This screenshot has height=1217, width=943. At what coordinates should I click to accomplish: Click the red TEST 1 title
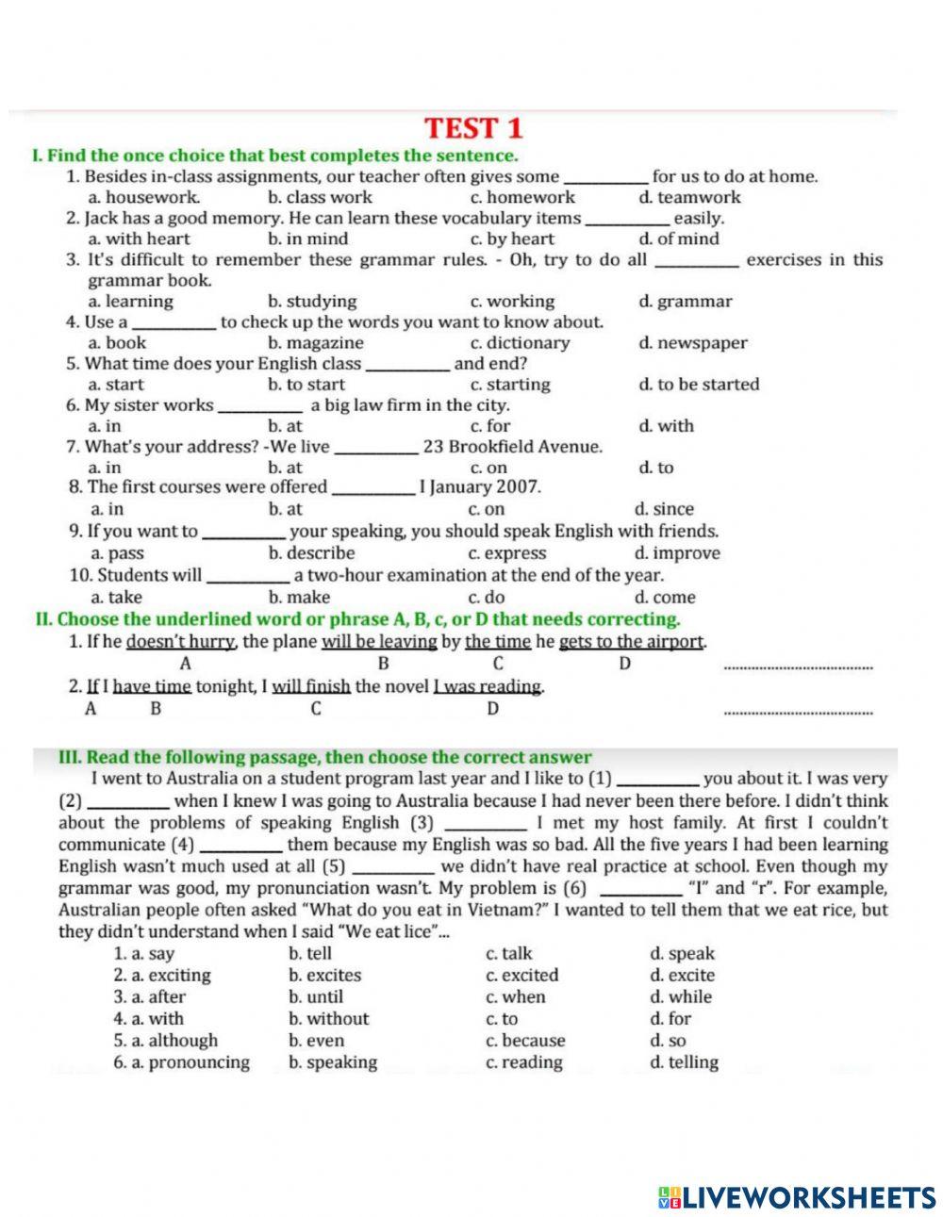point(472,128)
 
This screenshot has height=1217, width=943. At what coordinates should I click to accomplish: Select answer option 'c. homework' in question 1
point(522,198)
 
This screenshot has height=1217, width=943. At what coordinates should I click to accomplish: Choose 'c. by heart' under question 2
point(512,239)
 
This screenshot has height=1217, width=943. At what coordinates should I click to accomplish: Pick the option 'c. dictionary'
point(520,343)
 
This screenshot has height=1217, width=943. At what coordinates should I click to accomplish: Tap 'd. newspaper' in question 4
point(692,343)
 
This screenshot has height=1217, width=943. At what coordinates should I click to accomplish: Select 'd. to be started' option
point(698,385)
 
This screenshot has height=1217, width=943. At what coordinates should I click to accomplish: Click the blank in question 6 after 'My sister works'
point(260,407)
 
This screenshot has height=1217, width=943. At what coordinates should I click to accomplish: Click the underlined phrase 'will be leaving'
point(379,642)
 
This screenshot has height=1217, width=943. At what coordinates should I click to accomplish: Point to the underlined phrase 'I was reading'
point(488,686)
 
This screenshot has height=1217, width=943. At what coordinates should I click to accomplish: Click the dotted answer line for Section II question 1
point(797,666)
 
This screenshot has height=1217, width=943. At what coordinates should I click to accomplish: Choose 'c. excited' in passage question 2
point(521,976)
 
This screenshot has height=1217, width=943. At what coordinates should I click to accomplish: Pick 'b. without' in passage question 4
point(328,1019)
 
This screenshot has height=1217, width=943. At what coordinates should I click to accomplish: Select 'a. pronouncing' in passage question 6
point(182,1062)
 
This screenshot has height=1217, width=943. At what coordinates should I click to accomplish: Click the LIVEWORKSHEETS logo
point(798,1197)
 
